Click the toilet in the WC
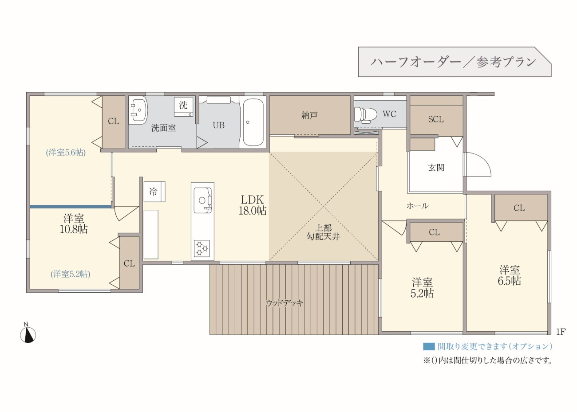click(365, 114)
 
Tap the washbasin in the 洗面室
click(138, 110)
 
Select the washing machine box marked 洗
click(183, 107)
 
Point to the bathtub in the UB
click(253, 122)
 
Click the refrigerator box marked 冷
click(154, 192)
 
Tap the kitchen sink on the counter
click(203, 200)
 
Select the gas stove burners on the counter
click(202, 249)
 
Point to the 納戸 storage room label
click(309, 115)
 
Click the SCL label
click(436, 119)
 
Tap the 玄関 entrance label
click(436, 168)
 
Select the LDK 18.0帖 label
click(253, 205)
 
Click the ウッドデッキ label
click(285, 303)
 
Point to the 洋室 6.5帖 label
click(510, 275)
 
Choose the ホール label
click(418, 206)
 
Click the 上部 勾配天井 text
click(323, 232)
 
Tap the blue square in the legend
click(429, 346)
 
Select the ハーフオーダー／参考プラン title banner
click(454, 62)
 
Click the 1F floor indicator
click(561, 332)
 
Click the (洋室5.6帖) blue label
click(66, 153)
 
